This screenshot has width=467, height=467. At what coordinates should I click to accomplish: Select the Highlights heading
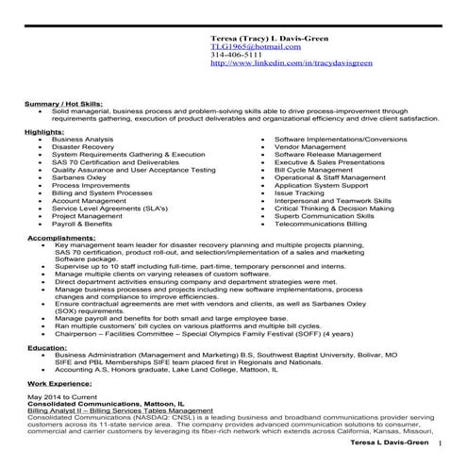pyautogui.click(x=45, y=131)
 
